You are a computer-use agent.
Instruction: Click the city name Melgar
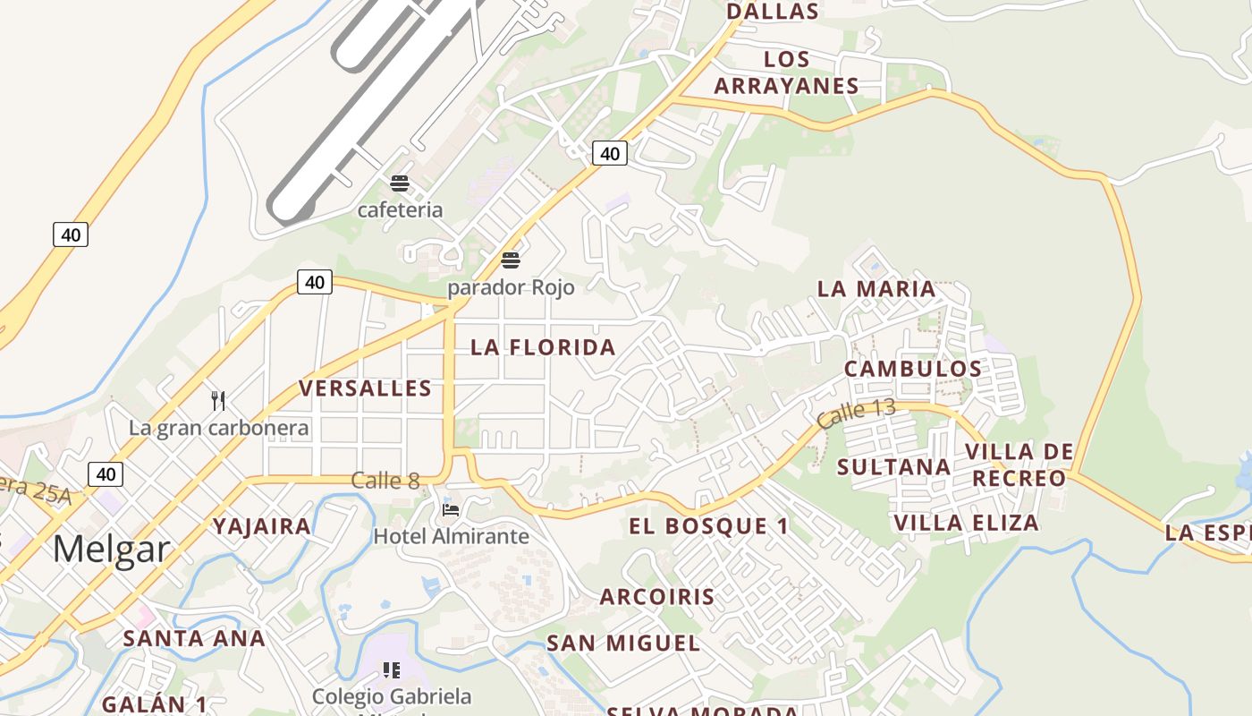tap(111, 548)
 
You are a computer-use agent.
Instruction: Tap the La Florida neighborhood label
tap(544, 347)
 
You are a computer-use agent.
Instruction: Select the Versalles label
tap(365, 388)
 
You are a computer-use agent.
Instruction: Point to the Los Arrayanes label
tap(787, 72)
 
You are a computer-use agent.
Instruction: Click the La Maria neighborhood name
tap(876, 289)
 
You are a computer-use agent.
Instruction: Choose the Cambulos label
tap(913, 369)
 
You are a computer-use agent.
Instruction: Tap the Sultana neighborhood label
tap(893, 466)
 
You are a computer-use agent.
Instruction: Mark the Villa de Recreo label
tap(1019, 465)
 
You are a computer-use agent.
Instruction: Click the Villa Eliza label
tap(967, 523)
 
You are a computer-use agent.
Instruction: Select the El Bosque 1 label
tap(709, 526)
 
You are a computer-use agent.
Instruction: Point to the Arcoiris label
tap(657, 597)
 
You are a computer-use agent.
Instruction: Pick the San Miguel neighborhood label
tap(623, 643)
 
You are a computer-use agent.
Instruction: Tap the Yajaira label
tap(262, 526)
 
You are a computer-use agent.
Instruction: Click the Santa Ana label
tap(194, 638)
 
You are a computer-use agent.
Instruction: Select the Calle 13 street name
tap(855, 412)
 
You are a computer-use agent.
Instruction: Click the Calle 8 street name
tap(385, 481)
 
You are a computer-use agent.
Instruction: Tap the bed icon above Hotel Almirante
tap(451, 510)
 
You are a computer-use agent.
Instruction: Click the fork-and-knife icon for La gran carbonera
tap(218, 400)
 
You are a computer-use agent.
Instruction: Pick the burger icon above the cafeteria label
tap(400, 183)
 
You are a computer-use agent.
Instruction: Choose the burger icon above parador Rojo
tap(511, 260)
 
